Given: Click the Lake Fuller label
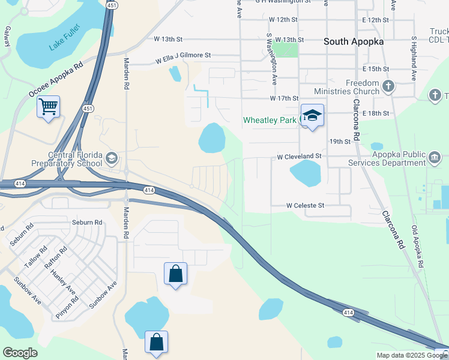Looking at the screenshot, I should [x=65, y=38].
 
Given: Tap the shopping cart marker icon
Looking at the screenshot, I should [x=48, y=107].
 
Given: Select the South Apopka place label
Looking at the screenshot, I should [x=354, y=42].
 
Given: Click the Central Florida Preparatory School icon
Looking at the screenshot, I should [x=111, y=158].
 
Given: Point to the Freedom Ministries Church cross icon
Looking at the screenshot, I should [x=388, y=86].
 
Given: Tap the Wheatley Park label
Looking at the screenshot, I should [x=270, y=120].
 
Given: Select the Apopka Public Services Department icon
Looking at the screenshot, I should [x=434, y=158].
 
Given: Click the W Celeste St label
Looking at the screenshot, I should [x=305, y=205].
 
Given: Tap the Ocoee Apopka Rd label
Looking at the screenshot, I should [x=56, y=80].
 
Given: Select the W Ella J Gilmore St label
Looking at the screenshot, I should [x=183, y=58].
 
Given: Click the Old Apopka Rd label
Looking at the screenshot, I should [x=418, y=246].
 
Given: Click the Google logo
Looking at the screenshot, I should [x=20, y=352].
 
